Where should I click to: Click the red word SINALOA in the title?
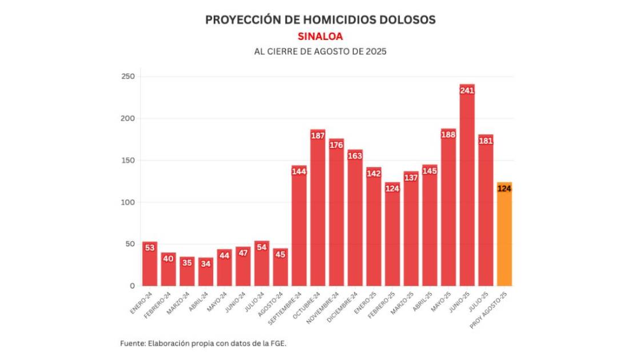click(320, 36)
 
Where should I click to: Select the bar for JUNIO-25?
click(467, 189)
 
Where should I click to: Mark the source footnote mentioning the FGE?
click(203, 343)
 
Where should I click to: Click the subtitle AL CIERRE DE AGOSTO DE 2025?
click(320, 51)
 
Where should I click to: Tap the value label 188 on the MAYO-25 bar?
click(448, 134)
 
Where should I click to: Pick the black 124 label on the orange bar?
click(504, 188)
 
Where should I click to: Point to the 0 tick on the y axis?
click(131, 286)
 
